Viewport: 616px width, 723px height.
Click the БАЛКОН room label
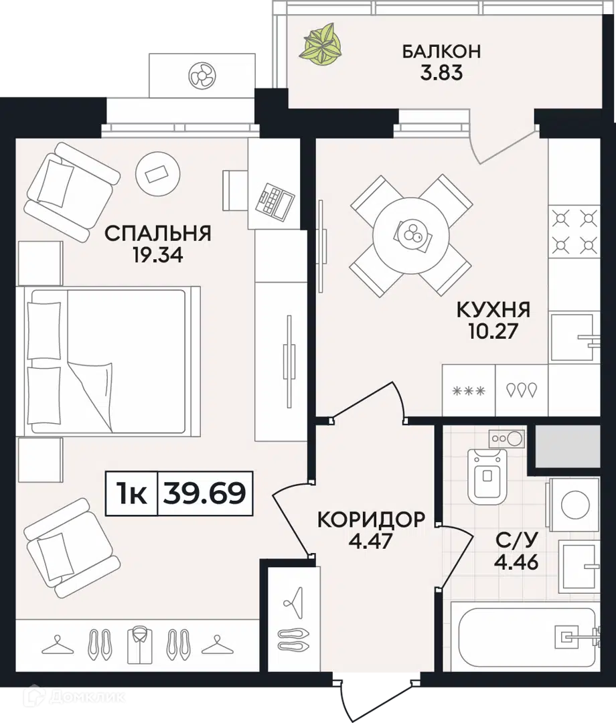441,51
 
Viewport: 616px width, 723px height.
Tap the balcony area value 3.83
441,73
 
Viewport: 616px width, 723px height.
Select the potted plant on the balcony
321,43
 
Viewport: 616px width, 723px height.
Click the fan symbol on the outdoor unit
202,76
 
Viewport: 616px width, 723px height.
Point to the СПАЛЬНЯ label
158,234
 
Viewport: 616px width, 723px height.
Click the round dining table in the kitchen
411,235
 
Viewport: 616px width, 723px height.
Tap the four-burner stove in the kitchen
574,232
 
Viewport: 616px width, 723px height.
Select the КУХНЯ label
493,309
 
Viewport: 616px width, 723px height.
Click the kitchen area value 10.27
493,331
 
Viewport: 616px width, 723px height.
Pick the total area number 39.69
205,493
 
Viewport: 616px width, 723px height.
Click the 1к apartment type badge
132,493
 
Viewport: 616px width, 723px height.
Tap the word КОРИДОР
371,519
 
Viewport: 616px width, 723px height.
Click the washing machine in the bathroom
573,505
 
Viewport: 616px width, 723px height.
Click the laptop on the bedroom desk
275,201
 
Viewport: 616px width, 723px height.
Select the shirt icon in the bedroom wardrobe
139,645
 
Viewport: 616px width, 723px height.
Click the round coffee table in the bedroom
158,174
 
